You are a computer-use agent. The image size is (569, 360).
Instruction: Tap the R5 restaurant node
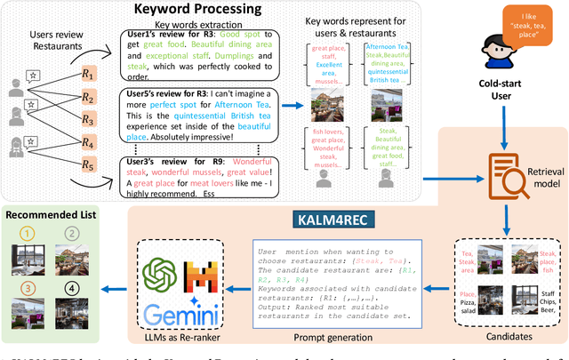pyautogui.click(x=85, y=164)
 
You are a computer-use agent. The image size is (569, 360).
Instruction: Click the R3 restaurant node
pyautogui.click(x=85, y=118)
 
